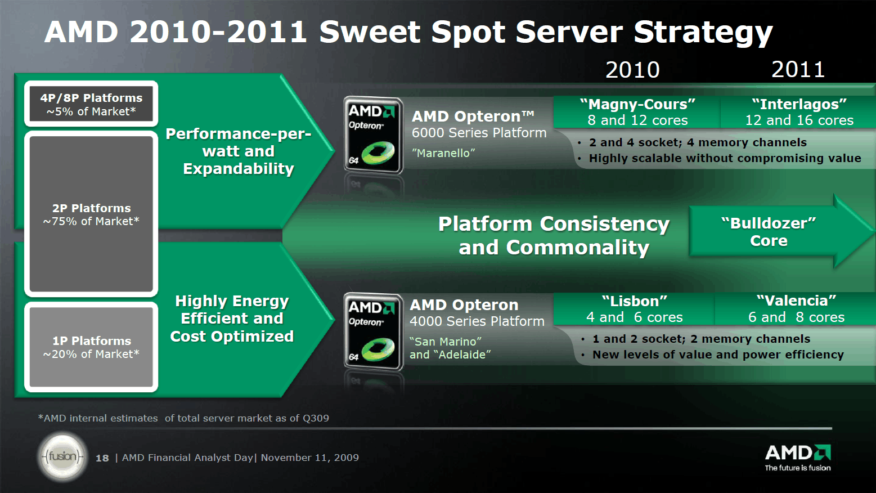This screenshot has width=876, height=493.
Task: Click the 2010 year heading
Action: pos(632,70)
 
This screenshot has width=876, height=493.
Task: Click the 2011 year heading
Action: pos(798,70)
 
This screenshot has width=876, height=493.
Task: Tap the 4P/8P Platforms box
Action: pos(91,104)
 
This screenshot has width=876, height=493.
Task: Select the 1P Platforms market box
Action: pos(91,347)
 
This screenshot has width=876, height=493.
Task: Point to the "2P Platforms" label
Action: pos(92,208)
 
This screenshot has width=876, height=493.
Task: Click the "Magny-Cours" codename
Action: pos(637,105)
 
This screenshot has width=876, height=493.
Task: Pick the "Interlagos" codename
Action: pos(799,105)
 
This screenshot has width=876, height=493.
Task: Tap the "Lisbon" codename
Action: pos(634,301)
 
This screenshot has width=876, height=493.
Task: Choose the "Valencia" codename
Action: pos(796,301)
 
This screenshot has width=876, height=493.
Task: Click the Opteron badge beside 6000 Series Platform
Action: pos(374,135)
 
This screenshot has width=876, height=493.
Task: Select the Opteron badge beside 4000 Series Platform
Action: pos(374,331)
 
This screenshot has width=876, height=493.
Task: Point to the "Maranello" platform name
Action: pos(443,153)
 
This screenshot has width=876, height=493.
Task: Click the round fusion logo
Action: pos(62,456)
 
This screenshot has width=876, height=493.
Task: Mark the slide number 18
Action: pos(102,458)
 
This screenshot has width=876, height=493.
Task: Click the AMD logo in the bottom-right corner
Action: pos(798,458)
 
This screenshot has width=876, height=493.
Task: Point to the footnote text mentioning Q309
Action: pos(183,418)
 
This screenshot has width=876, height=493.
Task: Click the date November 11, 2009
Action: pos(310,458)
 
